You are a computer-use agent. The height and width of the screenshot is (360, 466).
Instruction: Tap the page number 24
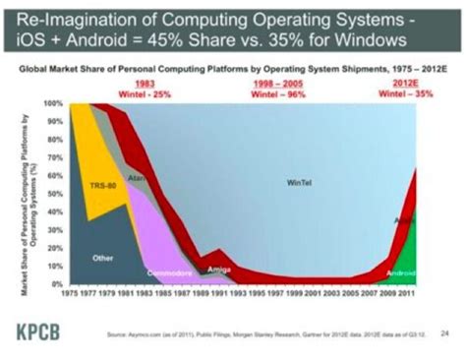click(434, 332)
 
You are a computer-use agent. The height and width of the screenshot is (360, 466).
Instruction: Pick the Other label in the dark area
click(101, 258)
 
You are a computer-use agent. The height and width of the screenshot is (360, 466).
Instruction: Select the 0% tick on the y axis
click(58, 285)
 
